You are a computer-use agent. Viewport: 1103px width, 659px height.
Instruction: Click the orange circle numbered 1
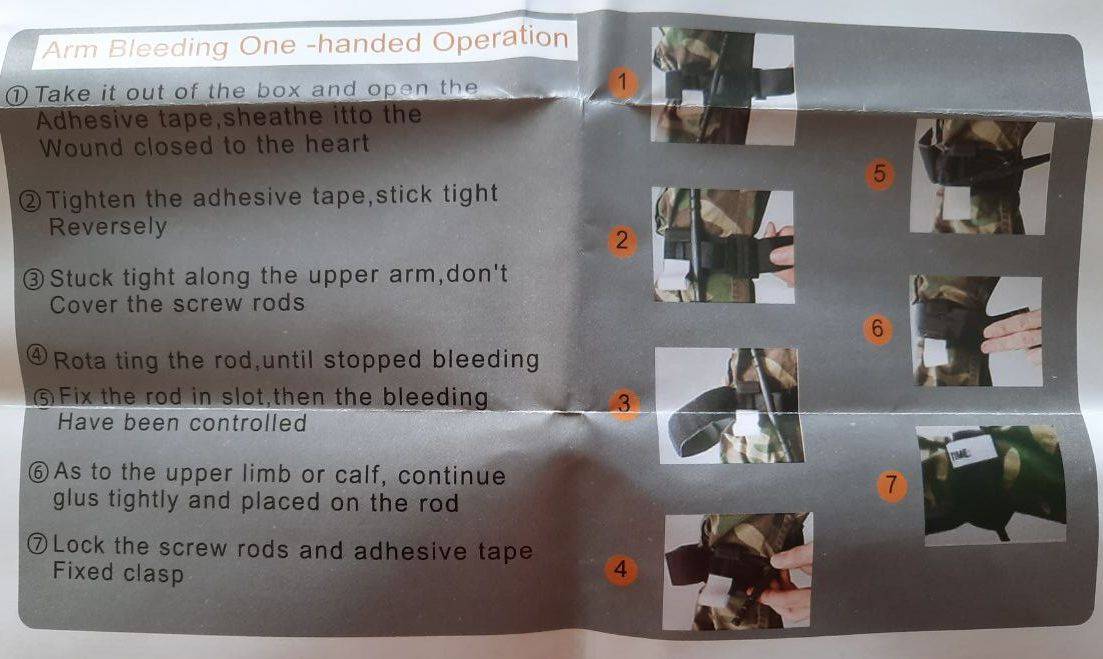[x=622, y=82]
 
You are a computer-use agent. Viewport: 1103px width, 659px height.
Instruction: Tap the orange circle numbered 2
[x=621, y=241]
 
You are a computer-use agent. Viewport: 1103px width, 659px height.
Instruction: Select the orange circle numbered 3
[x=624, y=404]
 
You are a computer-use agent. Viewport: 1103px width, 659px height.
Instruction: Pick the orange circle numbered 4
[x=620, y=569]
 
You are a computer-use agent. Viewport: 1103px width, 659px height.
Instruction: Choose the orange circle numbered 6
[x=877, y=329]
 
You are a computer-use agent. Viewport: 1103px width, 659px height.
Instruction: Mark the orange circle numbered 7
[x=892, y=485]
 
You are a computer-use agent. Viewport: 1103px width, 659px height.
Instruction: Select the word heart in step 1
[x=336, y=144]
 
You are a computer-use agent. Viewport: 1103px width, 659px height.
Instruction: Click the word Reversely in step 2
[x=108, y=227]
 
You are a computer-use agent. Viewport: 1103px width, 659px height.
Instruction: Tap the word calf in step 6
[x=359, y=475]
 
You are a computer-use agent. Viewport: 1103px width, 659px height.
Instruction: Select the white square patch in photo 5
[x=956, y=204]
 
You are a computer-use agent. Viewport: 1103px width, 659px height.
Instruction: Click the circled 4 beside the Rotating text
[x=38, y=354]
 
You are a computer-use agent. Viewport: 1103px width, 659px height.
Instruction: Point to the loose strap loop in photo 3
[x=696, y=422]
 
